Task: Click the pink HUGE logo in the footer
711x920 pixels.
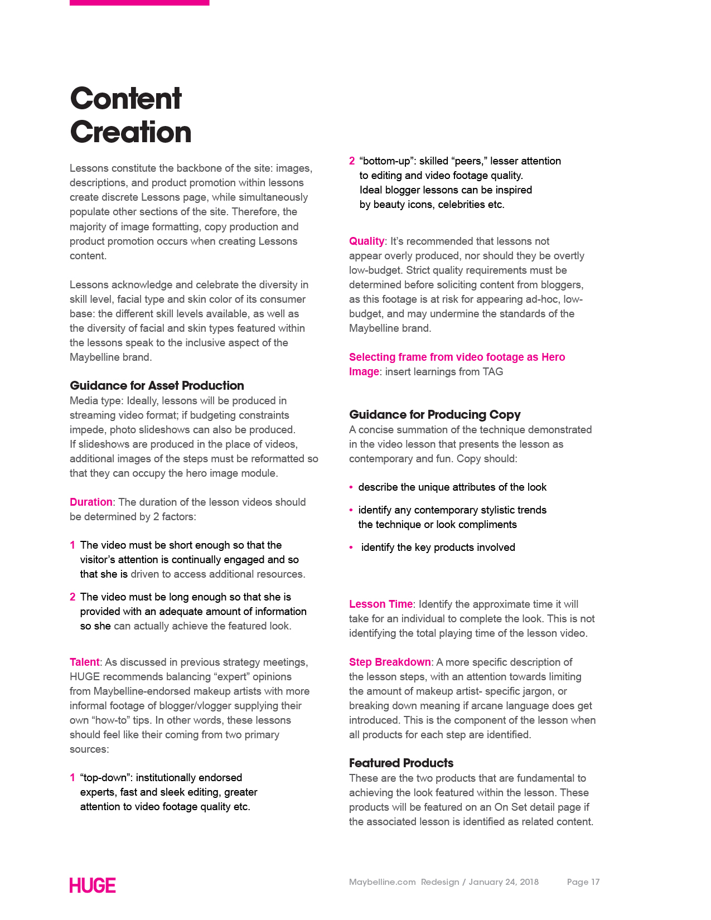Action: (x=93, y=885)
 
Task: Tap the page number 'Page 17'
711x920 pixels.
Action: (x=583, y=882)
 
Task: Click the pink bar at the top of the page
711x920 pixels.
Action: (x=139, y=3)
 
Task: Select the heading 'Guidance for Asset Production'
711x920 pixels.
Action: (x=157, y=385)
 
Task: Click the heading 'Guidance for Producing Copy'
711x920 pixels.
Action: (x=434, y=414)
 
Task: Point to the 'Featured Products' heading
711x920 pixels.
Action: (x=401, y=763)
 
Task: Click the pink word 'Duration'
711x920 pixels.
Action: (x=91, y=502)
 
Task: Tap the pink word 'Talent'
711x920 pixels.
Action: (x=84, y=662)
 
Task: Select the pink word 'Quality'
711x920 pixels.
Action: (x=366, y=241)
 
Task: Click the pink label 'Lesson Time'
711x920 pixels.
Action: (x=381, y=604)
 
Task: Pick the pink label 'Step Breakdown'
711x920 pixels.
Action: (x=390, y=662)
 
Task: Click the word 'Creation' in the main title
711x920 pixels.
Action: (x=130, y=132)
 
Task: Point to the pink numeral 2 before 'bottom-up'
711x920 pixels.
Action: (x=352, y=161)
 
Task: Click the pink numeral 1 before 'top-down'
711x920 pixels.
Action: (x=72, y=778)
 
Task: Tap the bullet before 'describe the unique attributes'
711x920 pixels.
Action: (x=351, y=487)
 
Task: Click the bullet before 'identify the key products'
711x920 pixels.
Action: (x=351, y=548)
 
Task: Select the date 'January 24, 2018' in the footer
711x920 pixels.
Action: (x=504, y=882)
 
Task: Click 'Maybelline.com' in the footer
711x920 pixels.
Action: (x=382, y=882)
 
